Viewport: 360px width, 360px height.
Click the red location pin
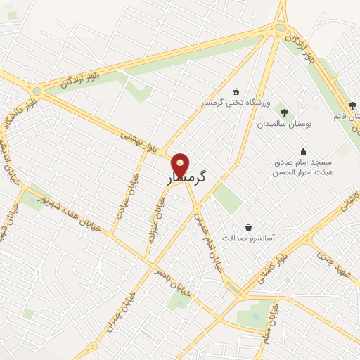click(181, 165)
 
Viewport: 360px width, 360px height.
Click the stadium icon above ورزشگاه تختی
click(236, 91)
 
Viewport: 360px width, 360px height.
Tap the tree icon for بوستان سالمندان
click(284, 111)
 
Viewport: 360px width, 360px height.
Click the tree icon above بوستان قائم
click(352, 105)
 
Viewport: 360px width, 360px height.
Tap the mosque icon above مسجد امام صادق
click(303, 150)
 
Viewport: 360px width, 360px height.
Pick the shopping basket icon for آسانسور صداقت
click(248, 227)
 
